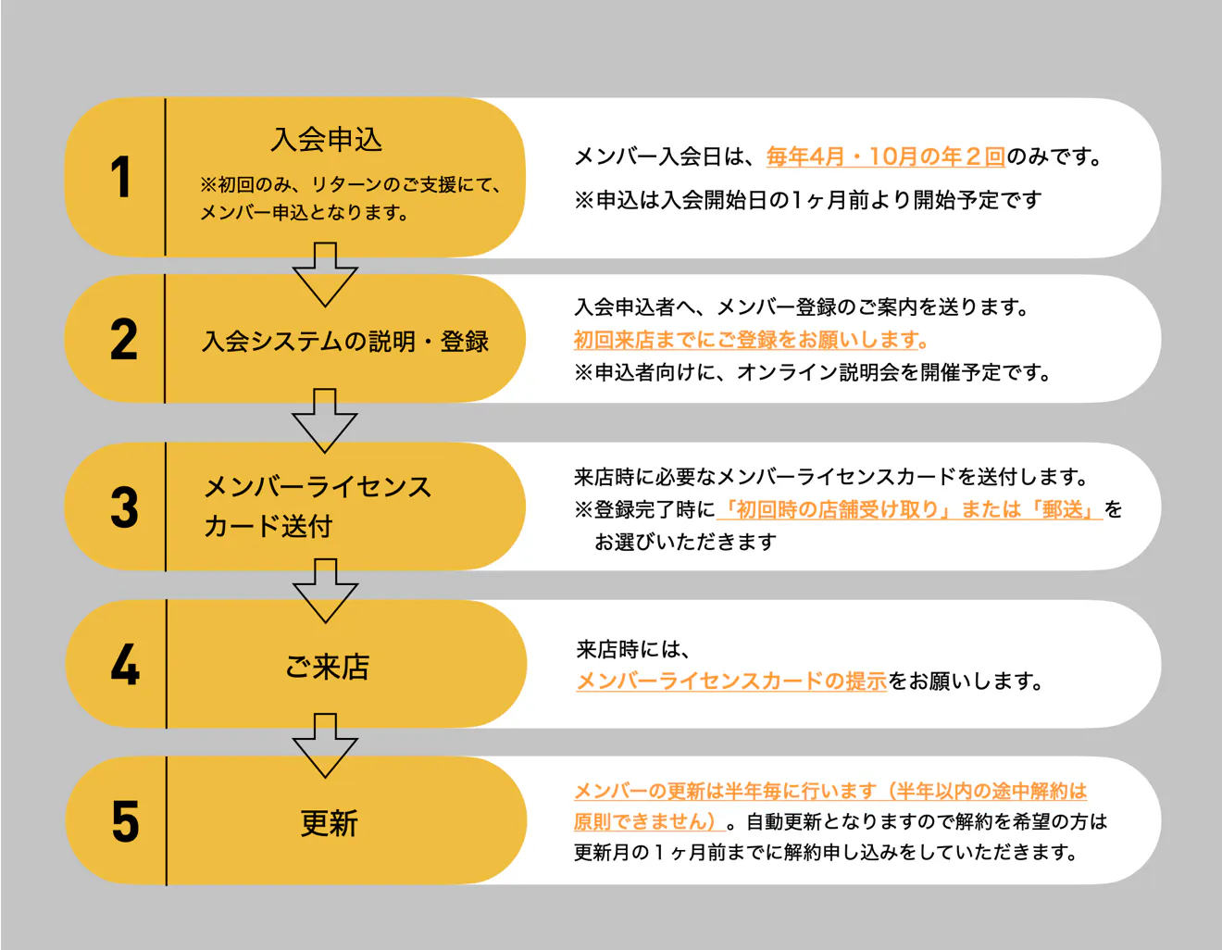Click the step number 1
(120, 177)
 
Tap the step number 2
(124, 340)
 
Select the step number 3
(124, 507)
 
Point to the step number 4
(125, 665)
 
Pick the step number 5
(125, 821)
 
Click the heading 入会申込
(327, 140)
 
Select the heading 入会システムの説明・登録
(345, 342)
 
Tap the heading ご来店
(328, 667)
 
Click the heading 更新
(329, 823)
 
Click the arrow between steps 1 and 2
(325, 274)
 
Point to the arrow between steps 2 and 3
(325, 420)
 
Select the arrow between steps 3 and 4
(325, 590)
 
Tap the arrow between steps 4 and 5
(325, 745)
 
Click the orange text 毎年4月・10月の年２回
(886, 156)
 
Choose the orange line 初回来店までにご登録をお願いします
(751, 340)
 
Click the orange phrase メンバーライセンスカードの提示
(731, 681)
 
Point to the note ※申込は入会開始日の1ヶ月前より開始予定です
(807, 200)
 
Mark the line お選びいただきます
(685, 542)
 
